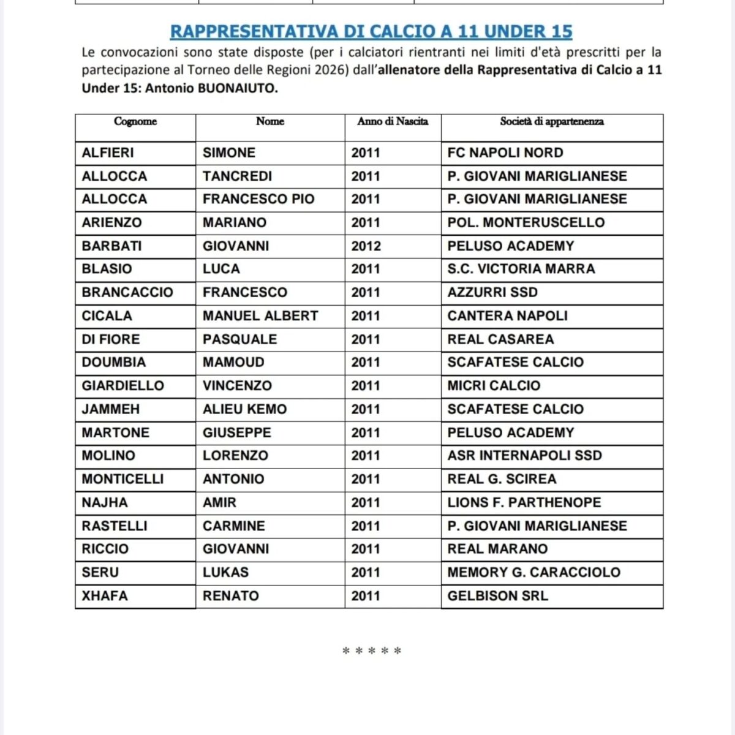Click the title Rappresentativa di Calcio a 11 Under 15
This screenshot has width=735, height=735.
coord(371,31)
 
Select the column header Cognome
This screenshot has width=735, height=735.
coord(135,121)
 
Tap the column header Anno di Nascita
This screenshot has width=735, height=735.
coord(393,121)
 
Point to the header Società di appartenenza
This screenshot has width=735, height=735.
coord(552,121)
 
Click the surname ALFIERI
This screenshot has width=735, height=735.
coord(108,153)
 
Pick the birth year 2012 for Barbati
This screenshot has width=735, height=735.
coord(366,246)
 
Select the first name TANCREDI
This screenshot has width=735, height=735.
coord(237,176)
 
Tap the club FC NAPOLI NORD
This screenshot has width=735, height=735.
coord(505,153)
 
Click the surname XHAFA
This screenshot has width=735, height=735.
coord(105,596)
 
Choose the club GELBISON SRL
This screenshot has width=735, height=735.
coord(497,596)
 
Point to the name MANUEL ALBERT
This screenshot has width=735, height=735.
coord(260,316)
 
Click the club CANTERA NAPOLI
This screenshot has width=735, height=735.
coord(507,316)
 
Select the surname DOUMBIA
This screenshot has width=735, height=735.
coord(114,363)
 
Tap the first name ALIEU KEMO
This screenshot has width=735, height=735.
coord(244,409)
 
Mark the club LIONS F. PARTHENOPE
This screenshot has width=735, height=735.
coord(524,503)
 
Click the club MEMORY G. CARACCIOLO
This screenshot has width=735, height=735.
coord(533,573)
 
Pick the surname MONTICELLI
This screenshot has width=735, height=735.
coord(123,479)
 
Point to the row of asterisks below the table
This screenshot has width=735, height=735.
coord(372,651)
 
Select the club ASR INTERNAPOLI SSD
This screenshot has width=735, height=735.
coord(524,456)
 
